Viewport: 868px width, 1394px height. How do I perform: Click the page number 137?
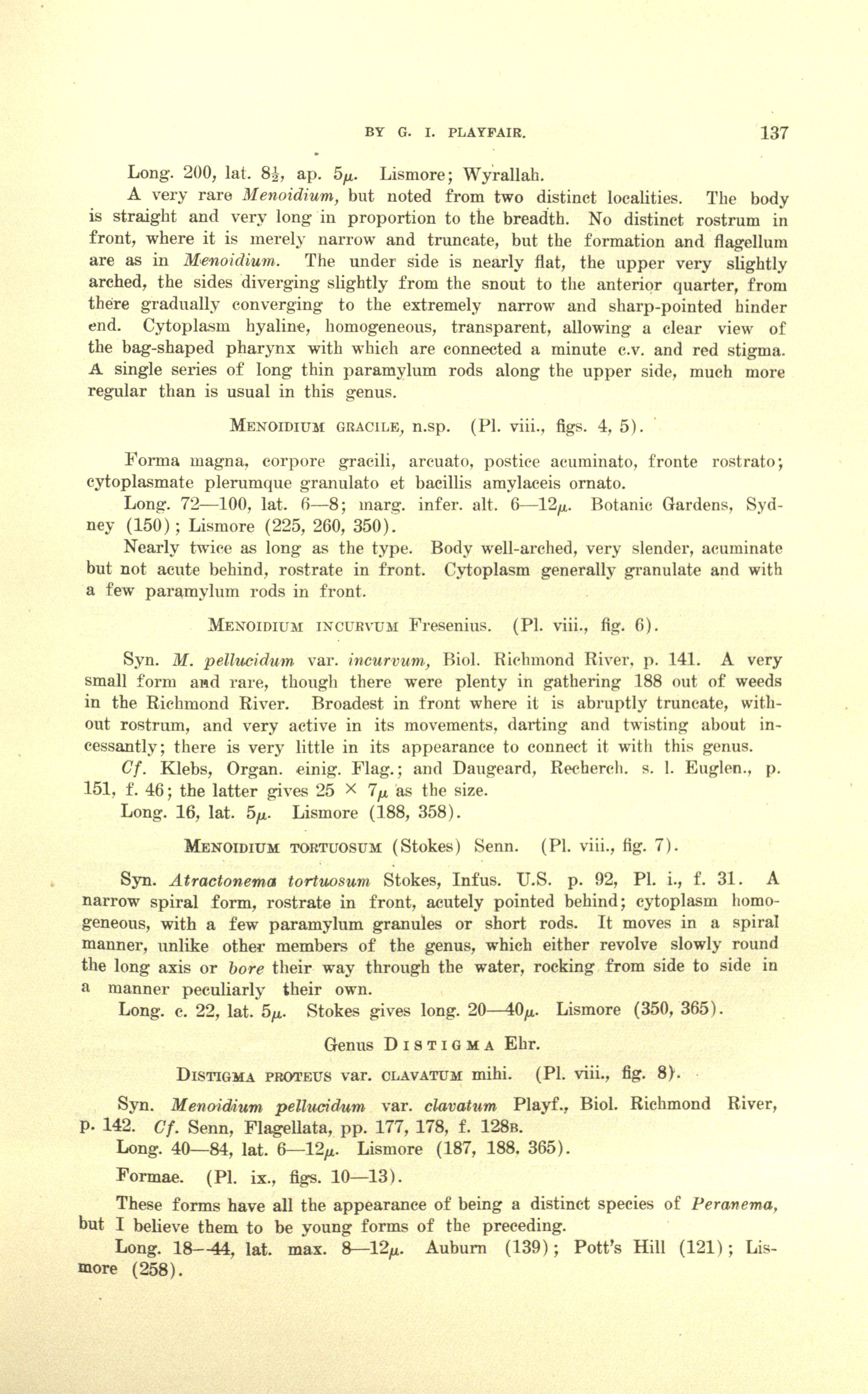pos(774,133)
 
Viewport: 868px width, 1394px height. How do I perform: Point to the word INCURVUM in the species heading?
pos(357,625)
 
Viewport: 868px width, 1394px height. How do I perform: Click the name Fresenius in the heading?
pos(450,624)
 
